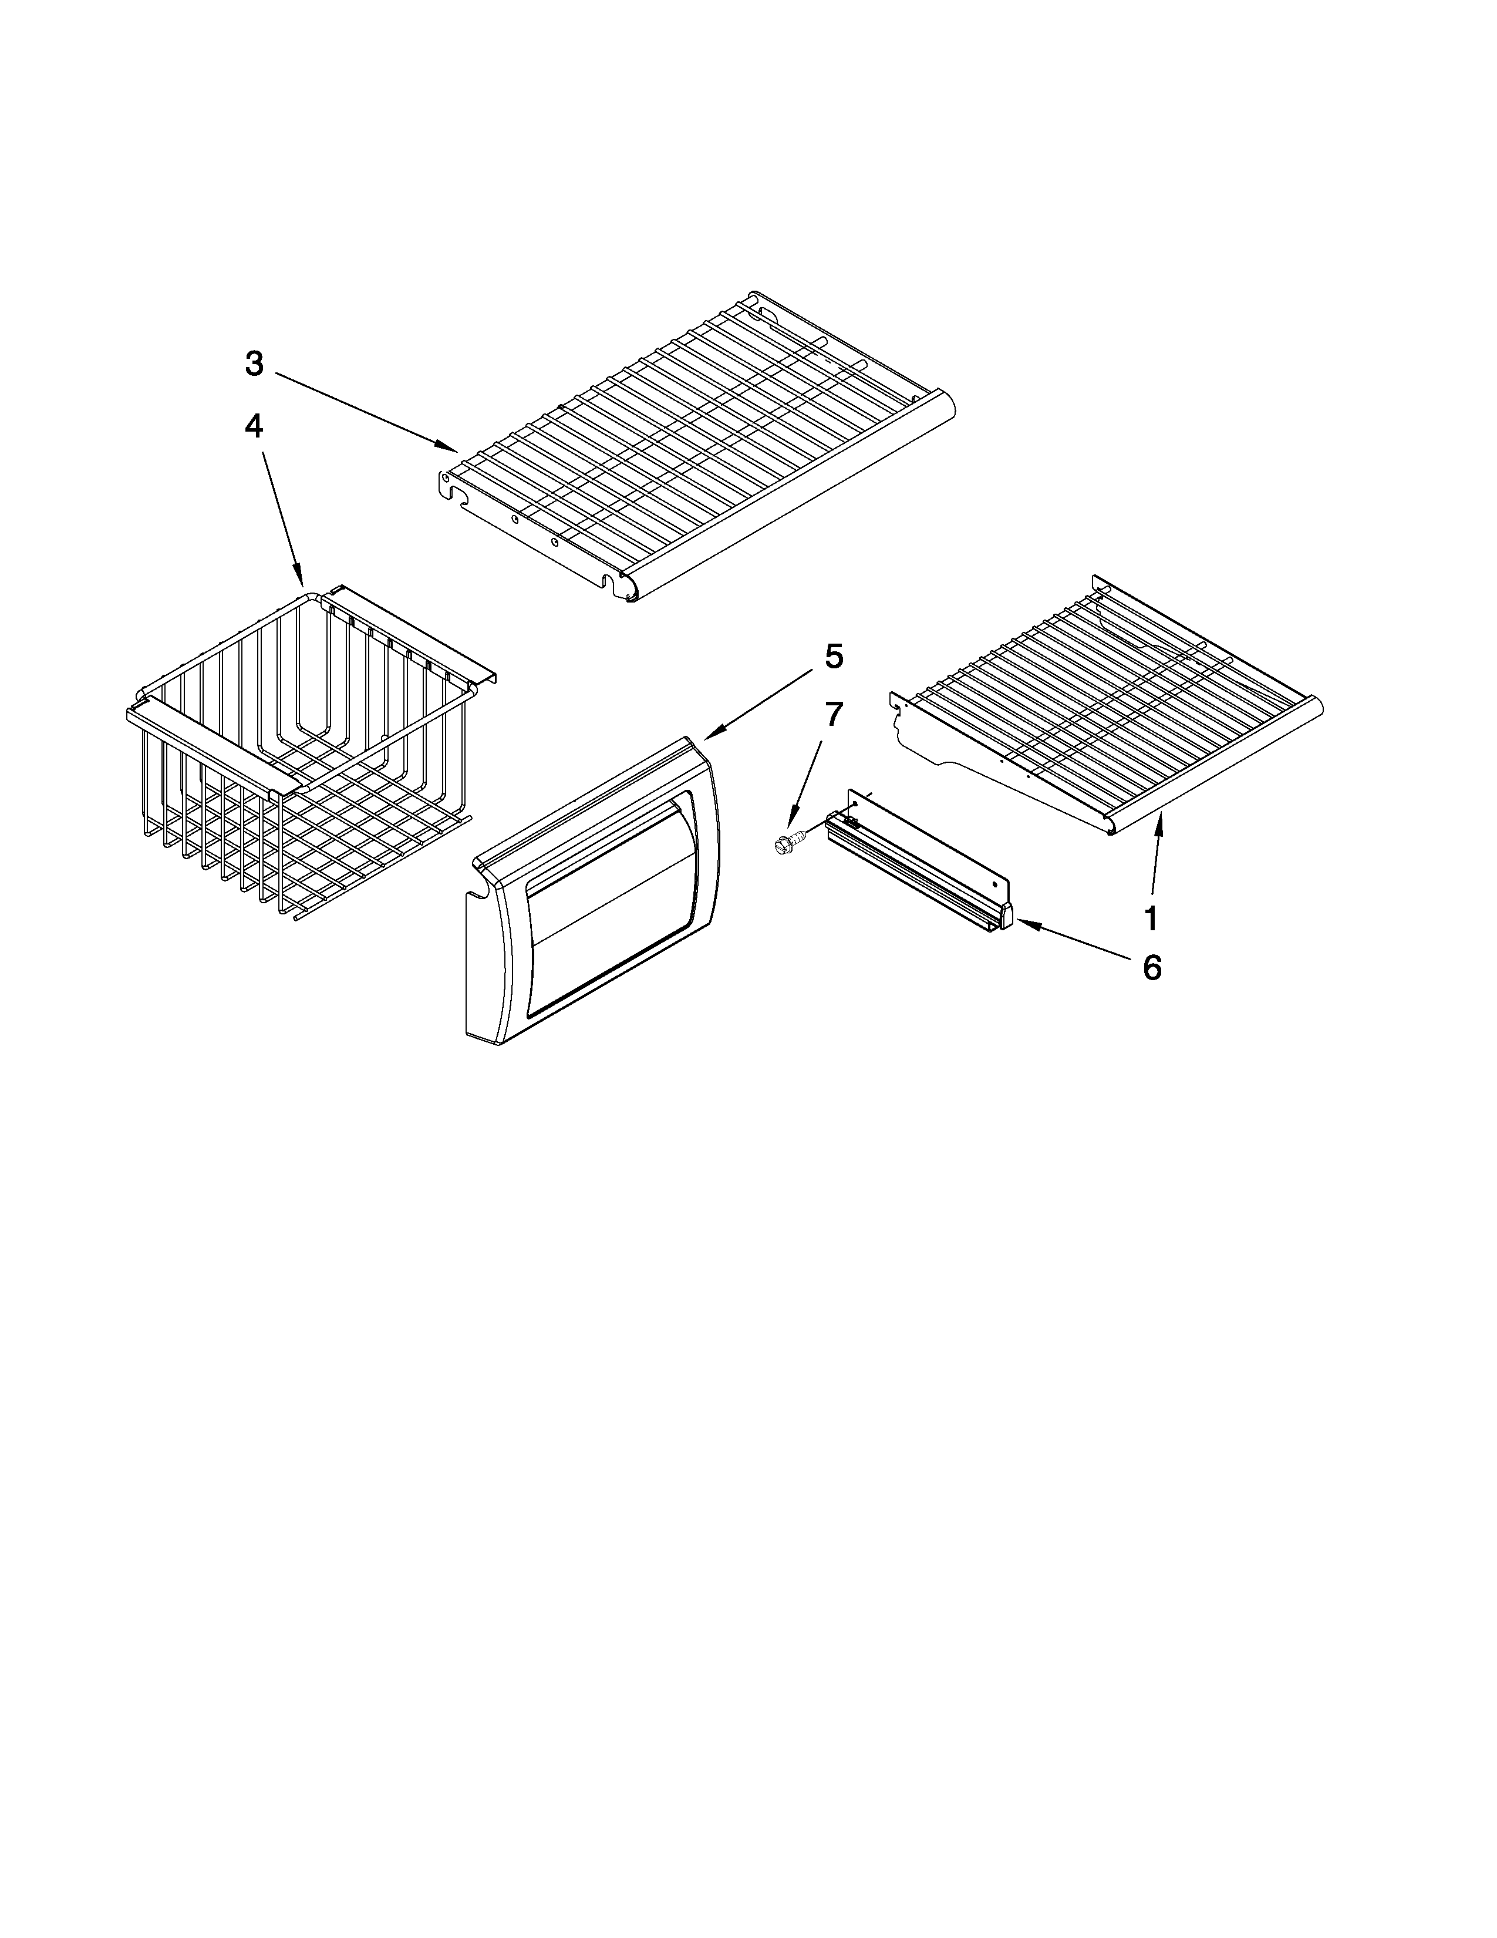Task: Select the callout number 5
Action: coord(834,656)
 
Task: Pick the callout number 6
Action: coord(1151,968)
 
